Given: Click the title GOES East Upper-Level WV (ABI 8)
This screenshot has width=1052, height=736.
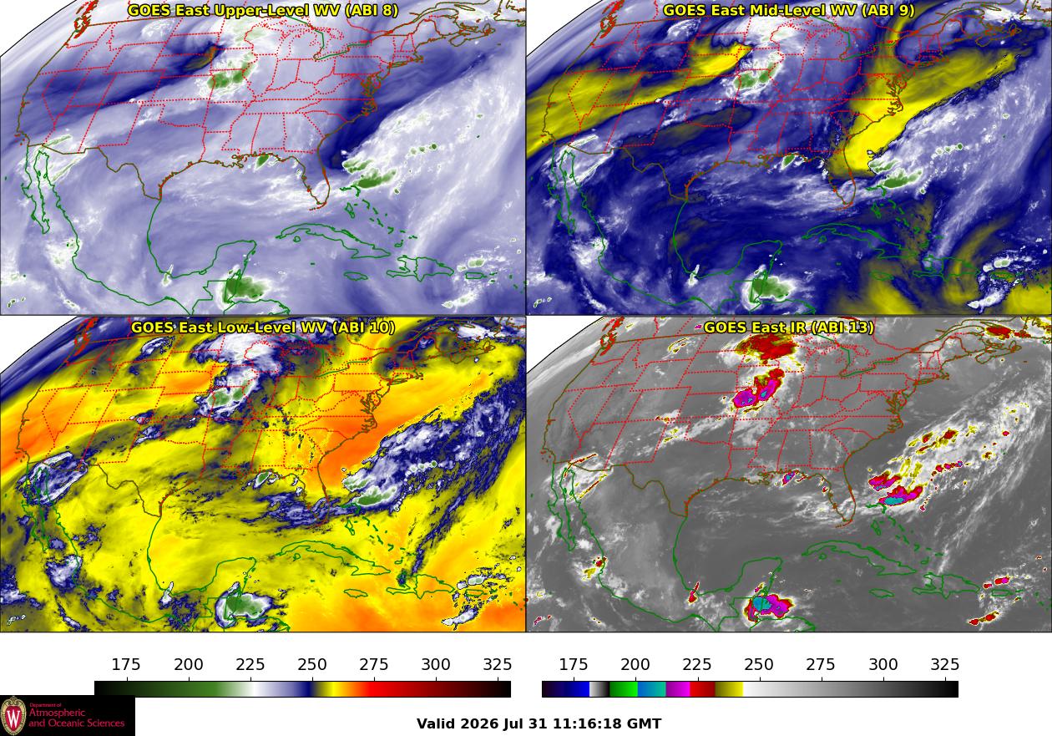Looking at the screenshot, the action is (262, 10).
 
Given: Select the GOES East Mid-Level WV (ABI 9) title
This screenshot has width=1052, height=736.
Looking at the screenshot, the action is (788, 10).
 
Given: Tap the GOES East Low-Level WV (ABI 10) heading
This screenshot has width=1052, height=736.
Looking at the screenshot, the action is (262, 327).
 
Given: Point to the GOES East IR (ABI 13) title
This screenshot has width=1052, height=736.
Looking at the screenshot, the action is (788, 327).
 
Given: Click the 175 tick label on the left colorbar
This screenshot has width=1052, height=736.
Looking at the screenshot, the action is (126, 664).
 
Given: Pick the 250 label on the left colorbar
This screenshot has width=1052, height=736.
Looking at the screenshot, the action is (312, 664).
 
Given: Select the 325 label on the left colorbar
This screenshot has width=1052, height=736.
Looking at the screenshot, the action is (498, 664).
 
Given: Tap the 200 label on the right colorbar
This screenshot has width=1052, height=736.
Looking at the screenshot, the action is (635, 664).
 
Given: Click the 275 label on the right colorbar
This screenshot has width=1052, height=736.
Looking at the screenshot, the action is (821, 664).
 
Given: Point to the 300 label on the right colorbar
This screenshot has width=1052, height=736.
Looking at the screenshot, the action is (883, 664).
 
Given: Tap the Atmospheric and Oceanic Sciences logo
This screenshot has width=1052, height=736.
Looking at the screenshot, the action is (67, 716).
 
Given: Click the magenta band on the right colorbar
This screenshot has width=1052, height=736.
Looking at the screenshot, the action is (678, 689).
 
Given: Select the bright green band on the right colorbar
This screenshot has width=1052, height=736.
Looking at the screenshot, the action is (623, 689).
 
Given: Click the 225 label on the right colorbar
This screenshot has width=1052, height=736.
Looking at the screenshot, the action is (697, 664).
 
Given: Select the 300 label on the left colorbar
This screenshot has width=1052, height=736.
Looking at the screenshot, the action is (436, 664).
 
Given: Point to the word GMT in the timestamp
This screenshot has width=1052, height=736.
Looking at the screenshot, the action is (645, 723).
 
